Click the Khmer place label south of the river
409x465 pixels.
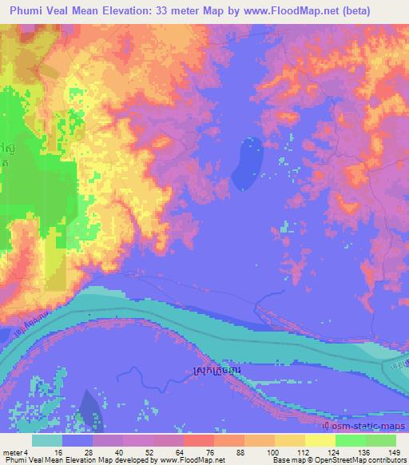(219, 372)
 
